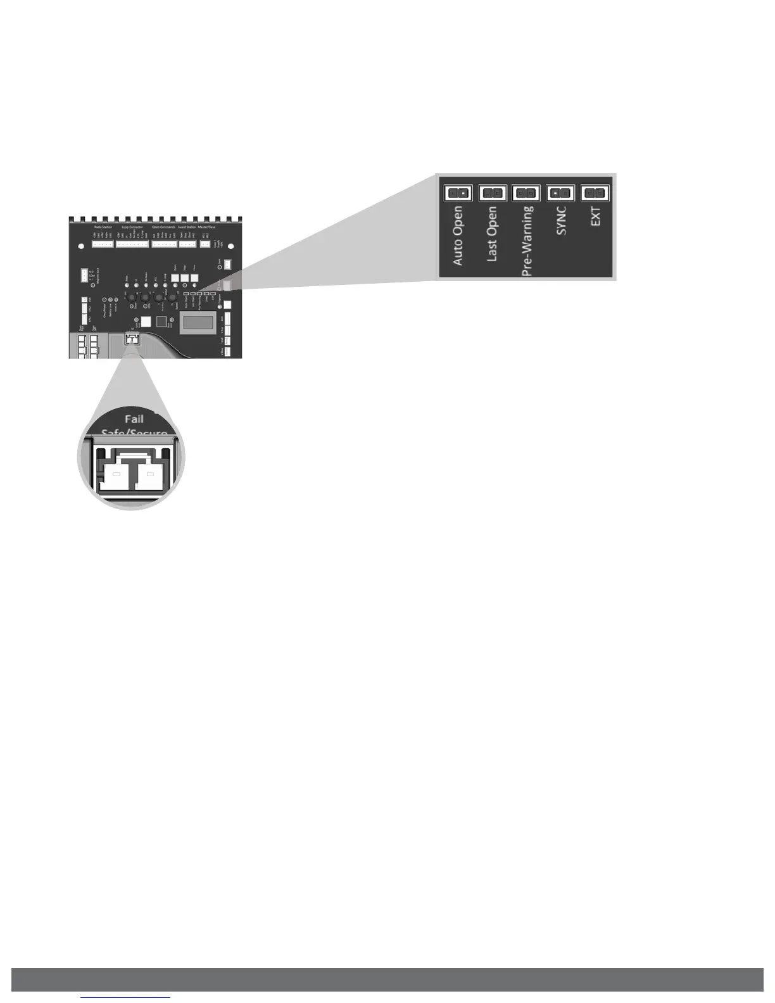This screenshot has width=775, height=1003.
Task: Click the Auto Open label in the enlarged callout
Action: (x=458, y=235)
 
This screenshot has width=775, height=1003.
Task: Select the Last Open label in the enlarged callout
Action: (x=492, y=234)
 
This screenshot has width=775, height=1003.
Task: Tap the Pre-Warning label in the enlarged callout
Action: (x=527, y=241)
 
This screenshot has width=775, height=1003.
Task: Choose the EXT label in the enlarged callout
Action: (x=595, y=215)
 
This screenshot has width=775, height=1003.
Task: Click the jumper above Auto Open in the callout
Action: (x=458, y=192)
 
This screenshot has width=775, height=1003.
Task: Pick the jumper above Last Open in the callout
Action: (x=492, y=192)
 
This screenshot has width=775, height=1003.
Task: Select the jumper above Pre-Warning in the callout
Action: (x=526, y=192)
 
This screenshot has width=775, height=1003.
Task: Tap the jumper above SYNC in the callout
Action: (x=560, y=192)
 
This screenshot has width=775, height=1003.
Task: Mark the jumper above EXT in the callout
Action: (x=595, y=192)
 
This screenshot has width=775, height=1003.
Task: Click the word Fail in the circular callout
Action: (x=134, y=419)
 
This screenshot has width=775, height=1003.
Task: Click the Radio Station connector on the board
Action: (x=103, y=244)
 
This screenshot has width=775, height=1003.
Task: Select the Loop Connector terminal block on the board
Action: (x=132, y=244)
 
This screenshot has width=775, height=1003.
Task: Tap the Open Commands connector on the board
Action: (x=164, y=244)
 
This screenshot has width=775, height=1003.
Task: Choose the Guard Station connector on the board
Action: (x=187, y=244)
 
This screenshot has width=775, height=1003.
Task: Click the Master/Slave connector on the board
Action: (x=205, y=244)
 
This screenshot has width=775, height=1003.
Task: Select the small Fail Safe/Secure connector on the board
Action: (x=132, y=339)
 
